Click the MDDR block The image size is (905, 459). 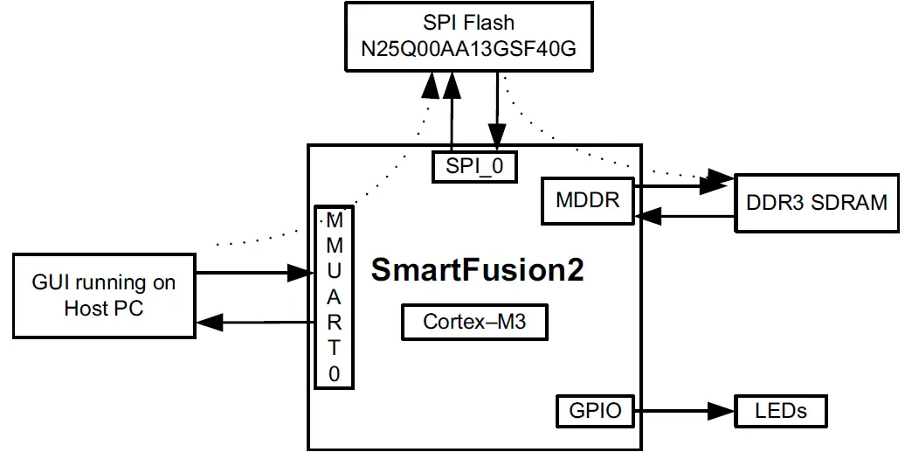click(x=587, y=199)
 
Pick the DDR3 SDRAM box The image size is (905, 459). click(x=816, y=203)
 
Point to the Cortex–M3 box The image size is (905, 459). click(x=474, y=322)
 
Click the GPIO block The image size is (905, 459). click(x=594, y=410)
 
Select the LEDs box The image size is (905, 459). click(x=781, y=410)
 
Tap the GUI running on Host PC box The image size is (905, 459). click(x=105, y=296)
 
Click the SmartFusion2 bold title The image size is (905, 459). click(x=477, y=269)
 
